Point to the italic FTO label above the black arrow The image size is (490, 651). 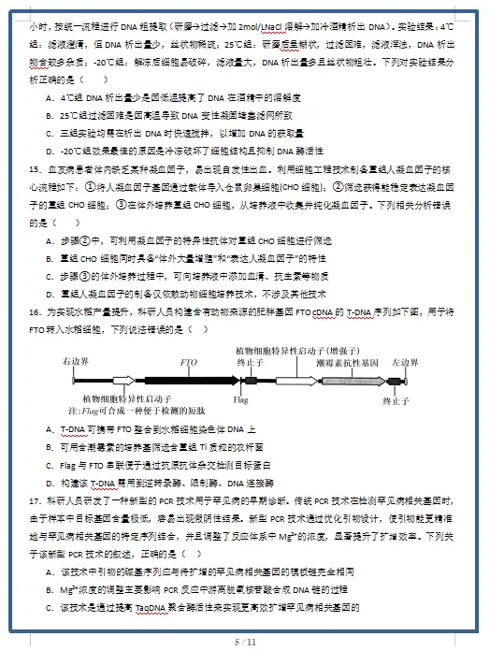188,360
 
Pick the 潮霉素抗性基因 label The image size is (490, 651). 346,360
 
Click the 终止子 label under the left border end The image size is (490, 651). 396,400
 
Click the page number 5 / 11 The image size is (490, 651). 245,641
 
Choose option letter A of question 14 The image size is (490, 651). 49,96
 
